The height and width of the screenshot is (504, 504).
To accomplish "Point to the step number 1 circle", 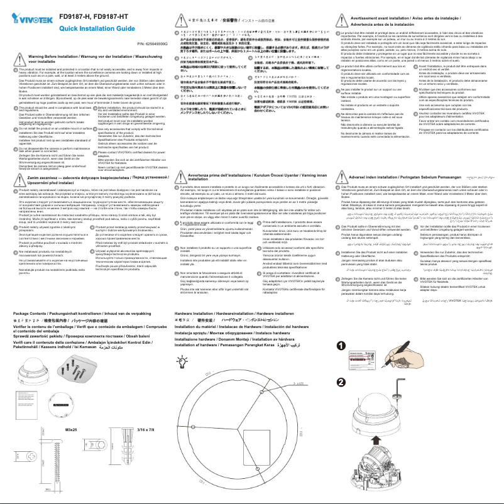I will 340,345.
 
